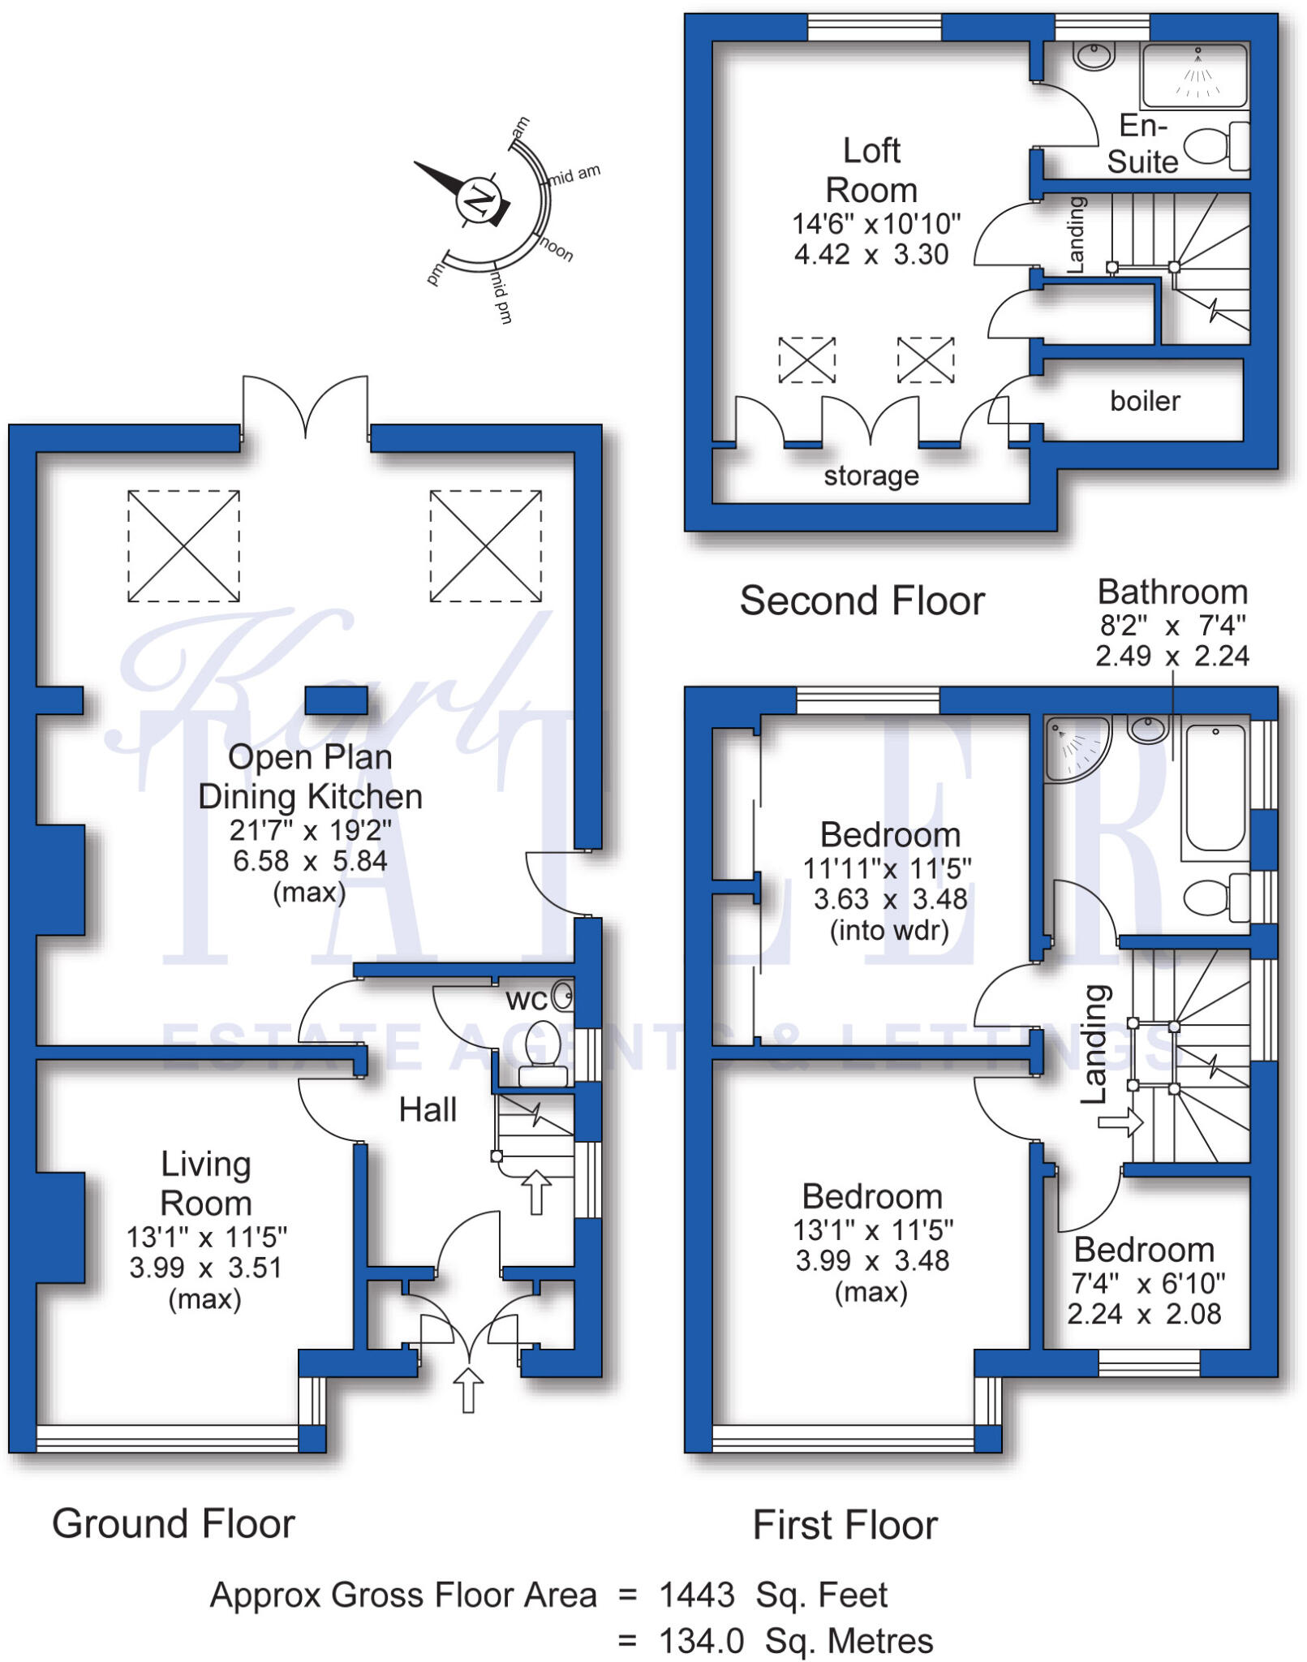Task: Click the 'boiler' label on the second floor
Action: tap(1145, 401)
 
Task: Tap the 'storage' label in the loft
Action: tap(871, 476)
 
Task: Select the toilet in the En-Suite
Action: tap(1216, 146)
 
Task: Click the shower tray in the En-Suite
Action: tap(1194, 75)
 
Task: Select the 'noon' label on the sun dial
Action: tap(557, 248)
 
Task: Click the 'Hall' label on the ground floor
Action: tap(428, 1109)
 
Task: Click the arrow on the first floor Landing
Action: tap(1120, 1124)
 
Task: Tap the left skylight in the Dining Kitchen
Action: tap(183, 545)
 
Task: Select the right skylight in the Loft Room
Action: tap(926, 360)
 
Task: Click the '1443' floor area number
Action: tap(697, 1595)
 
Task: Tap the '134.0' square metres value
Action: tap(702, 1641)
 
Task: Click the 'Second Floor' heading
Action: tap(862, 601)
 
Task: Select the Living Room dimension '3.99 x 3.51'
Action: tap(205, 1268)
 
